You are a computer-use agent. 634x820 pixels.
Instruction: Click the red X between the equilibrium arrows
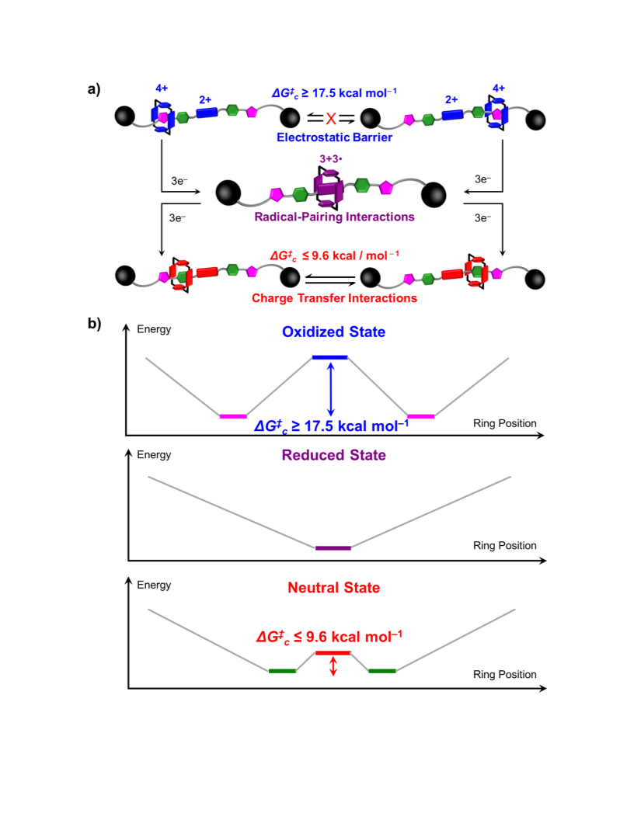pos(331,119)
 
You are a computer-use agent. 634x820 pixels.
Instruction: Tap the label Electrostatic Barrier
pos(334,137)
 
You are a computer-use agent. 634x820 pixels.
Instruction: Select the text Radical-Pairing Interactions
pos(334,217)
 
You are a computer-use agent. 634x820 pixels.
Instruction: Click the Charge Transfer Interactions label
pos(334,298)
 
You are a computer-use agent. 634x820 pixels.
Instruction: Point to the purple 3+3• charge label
pos(331,158)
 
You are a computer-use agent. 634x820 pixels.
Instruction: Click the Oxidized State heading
pos(334,332)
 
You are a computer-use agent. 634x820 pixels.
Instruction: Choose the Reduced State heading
pos(334,455)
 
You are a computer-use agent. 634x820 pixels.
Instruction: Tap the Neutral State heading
pos(334,588)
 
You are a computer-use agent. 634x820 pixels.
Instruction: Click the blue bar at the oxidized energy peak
pos(329,357)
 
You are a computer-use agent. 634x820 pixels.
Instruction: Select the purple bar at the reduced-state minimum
pos(333,548)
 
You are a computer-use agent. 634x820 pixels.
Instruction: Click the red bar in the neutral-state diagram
pos(333,652)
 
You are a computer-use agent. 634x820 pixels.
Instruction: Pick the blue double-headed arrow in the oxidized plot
pos(330,389)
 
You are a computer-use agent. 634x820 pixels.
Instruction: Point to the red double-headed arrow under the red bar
pos(333,666)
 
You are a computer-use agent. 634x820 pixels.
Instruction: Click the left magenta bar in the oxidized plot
pos(233,416)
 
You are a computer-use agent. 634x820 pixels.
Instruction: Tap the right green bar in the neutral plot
pos(382,671)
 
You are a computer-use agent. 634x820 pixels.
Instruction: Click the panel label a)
pos(94,89)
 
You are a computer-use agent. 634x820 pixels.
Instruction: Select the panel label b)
pos(94,324)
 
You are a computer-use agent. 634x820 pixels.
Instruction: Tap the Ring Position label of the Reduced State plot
pos(505,545)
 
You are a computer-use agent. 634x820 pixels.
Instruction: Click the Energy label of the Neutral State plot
pos(154,585)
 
